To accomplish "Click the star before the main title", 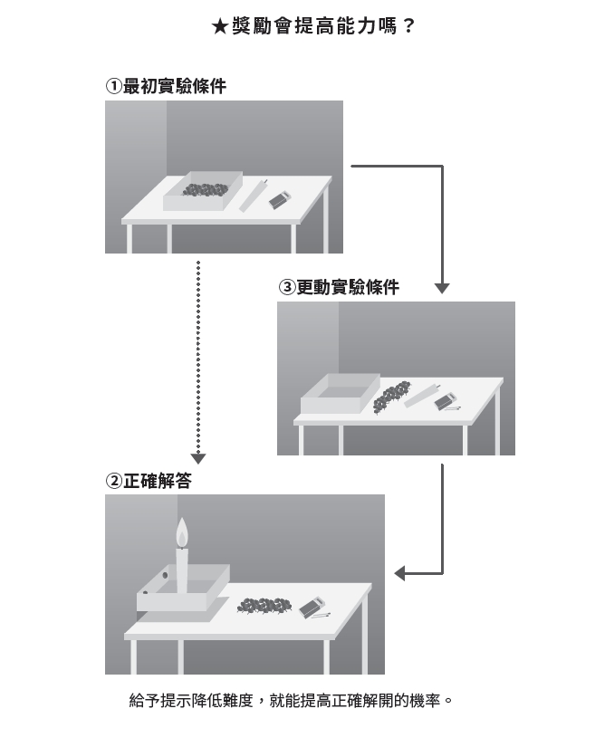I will tap(218, 27).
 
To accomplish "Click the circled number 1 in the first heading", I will tap(113, 86).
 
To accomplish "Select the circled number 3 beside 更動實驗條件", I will tap(286, 287).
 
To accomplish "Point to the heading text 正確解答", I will tap(157, 481).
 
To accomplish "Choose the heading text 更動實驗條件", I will tap(348, 287).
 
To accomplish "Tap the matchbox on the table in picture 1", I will tap(281, 199).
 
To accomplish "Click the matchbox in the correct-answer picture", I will tap(313, 607).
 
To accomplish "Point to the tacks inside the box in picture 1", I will tap(206, 189).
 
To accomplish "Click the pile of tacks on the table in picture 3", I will tap(392, 396).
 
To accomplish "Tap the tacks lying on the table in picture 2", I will tap(264, 605).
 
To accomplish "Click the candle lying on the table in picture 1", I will tap(253, 196).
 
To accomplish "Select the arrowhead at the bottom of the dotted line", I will tap(198, 459).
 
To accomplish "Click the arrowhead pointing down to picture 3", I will tap(442, 288).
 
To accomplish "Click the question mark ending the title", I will tap(408, 27).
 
